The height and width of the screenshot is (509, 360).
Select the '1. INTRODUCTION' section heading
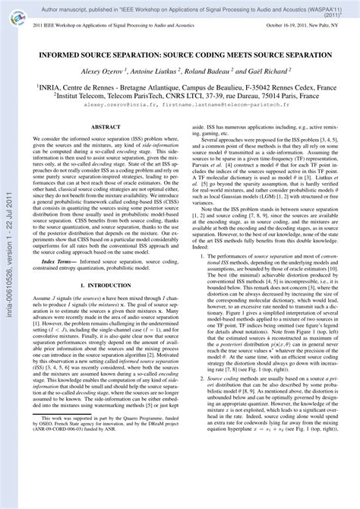tap(107, 327)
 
